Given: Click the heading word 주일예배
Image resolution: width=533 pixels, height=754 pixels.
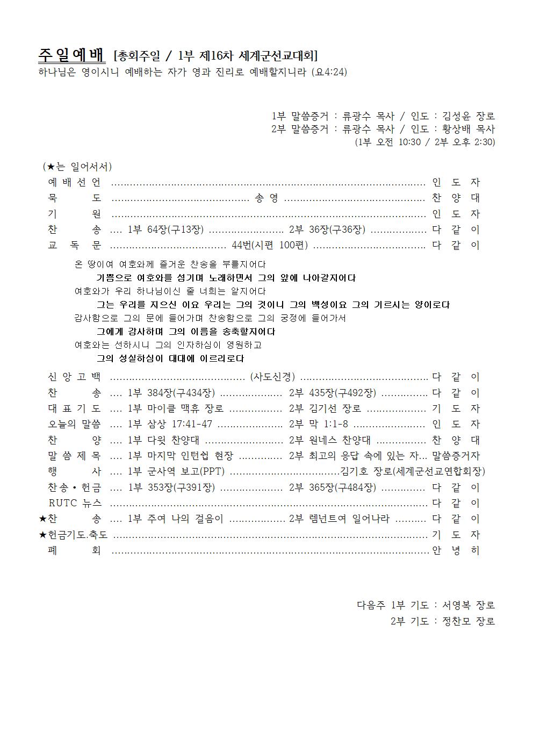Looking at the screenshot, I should click(71, 55).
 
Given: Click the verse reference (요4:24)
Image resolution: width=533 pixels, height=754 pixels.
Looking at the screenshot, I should click(329, 72).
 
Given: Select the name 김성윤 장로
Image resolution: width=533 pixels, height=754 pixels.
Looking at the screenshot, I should click(469, 116).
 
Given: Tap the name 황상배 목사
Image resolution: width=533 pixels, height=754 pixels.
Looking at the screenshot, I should click(469, 129).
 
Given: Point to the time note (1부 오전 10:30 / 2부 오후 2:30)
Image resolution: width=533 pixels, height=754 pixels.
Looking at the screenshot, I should click(425, 142).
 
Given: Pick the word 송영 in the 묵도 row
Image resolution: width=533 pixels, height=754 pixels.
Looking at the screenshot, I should click(266, 198).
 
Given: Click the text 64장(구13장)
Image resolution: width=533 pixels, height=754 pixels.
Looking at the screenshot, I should click(176, 230).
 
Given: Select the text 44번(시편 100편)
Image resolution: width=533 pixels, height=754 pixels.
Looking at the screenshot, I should click(270, 246).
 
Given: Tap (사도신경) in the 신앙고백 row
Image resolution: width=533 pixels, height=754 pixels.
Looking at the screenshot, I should click(272, 377).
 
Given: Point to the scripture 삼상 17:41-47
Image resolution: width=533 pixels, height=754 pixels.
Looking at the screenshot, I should click(180, 424).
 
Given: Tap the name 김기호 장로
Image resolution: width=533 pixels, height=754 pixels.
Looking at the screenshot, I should click(365, 471).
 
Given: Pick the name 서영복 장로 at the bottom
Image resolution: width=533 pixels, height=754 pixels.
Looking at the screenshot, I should click(469, 605).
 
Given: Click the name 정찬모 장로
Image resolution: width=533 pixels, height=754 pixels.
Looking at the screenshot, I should click(469, 621).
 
